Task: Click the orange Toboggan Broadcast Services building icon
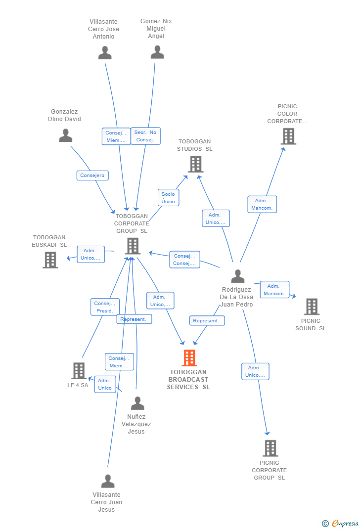coord(189,357)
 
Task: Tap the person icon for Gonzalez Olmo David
coord(66,135)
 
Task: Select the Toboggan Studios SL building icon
coord(196,164)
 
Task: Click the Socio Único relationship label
coord(168,198)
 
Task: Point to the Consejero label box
coord(92,176)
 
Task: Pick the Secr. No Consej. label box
coord(145,136)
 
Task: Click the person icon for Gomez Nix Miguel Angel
coord(157,52)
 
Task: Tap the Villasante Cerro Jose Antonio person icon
coord(105,52)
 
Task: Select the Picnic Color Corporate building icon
coord(288,136)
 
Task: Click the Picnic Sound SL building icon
coord(312,307)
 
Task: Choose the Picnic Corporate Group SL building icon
coord(270,448)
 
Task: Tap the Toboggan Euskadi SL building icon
coord(50,260)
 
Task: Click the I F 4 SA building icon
coord(79,370)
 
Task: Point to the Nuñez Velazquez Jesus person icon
coord(137,403)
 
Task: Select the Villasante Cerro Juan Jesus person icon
coord(107,481)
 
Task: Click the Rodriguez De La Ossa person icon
coord(238,276)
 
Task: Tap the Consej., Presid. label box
coord(105,307)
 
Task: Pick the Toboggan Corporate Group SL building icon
coord(133,246)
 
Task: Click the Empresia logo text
coord(345,523)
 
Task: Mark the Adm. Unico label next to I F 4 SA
coord(105,384)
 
